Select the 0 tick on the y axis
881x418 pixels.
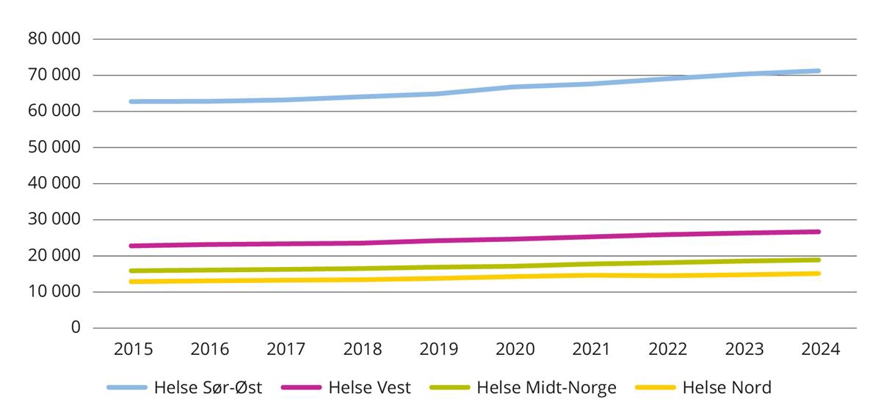[75, 329]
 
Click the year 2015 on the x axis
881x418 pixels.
[133, 350]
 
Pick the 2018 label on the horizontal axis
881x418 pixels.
[362, 350]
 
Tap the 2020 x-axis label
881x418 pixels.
[515, 350]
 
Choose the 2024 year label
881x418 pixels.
[819, 350]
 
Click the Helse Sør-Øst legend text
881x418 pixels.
[208, 388]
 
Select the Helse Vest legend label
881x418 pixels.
[369, 388]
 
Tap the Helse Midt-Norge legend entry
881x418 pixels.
[546, 388]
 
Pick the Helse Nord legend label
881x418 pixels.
[727, 388]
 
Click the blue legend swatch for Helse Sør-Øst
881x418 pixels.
[128, 388]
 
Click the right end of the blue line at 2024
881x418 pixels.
[818, 71]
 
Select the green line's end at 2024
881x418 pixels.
[818, 260]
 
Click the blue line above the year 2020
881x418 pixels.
[515, 87]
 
